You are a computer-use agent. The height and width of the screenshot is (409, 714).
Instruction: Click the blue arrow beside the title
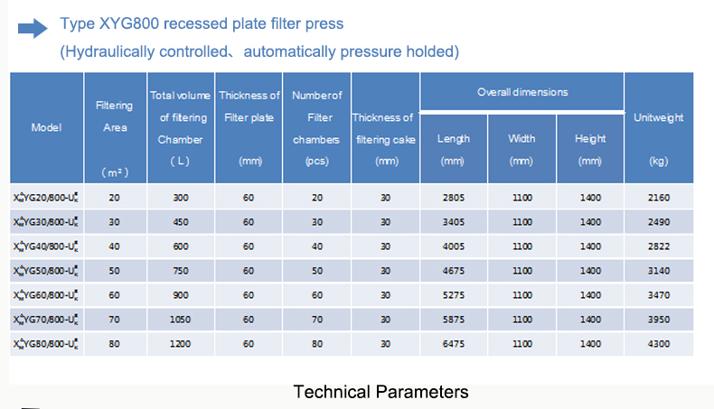click(33, 29)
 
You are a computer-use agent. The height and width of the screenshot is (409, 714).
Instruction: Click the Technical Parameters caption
click(380, 392)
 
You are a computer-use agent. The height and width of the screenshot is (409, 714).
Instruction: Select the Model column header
click(46, 127)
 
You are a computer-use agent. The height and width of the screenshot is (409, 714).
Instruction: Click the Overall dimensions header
click(522, 92)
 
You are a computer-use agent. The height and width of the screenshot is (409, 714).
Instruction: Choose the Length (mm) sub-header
click(453, 150)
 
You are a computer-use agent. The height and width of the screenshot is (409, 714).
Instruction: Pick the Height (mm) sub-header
click(590, 150)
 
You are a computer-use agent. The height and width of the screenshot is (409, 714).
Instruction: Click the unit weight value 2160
click(659, 198)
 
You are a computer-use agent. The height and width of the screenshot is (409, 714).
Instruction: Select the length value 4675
click(454, 271)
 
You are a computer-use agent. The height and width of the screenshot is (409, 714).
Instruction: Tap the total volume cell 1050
click(181, 320)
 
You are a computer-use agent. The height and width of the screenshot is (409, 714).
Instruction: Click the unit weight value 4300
click(659, 343)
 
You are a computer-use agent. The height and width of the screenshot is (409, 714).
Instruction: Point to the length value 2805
click(454, 198)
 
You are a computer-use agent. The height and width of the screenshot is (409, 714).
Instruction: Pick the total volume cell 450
click(181, 222)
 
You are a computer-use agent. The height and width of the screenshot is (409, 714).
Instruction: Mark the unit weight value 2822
click(659, 246)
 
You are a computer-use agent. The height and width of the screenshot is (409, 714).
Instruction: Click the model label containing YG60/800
click(45, 295)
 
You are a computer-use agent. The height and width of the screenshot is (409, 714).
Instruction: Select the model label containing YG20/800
click(45, 198)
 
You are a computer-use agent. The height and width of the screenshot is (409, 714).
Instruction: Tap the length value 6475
click(454, 343)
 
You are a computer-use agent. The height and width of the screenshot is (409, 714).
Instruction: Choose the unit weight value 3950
click(659, 320)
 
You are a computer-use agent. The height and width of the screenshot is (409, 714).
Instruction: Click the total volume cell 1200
click(181, 343)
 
